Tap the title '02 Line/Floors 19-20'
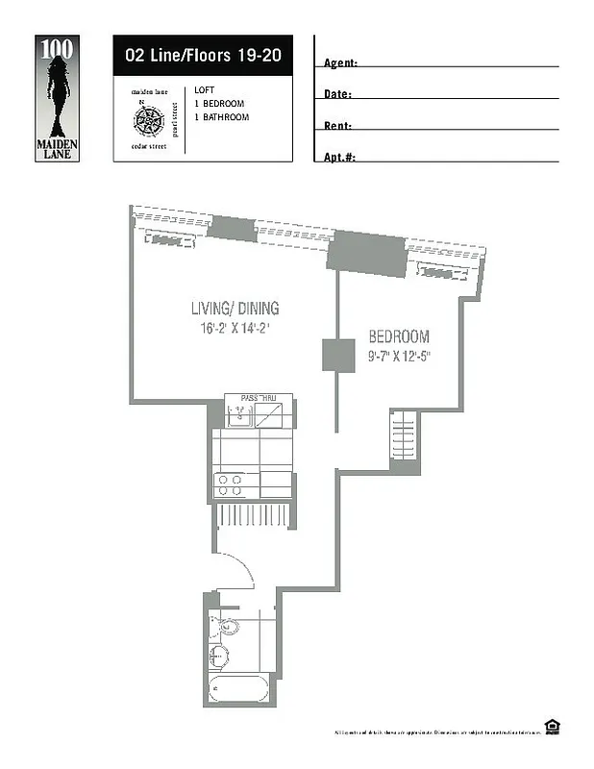click(196, 55)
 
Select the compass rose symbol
click(148, 120)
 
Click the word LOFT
click(203, 89)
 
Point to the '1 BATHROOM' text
click(221, 117)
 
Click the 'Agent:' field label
click(341, 63)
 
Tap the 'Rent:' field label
click(337, 126)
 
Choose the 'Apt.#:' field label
click(340, 157)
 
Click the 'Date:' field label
click(337, 95)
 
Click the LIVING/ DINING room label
click(235, 310)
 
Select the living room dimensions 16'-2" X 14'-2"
click(235, 328)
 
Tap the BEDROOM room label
click(399, 337)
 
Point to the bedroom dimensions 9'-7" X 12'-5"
click(399, 356)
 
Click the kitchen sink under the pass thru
click(238, 414)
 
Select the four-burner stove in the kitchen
click(231, 484)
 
